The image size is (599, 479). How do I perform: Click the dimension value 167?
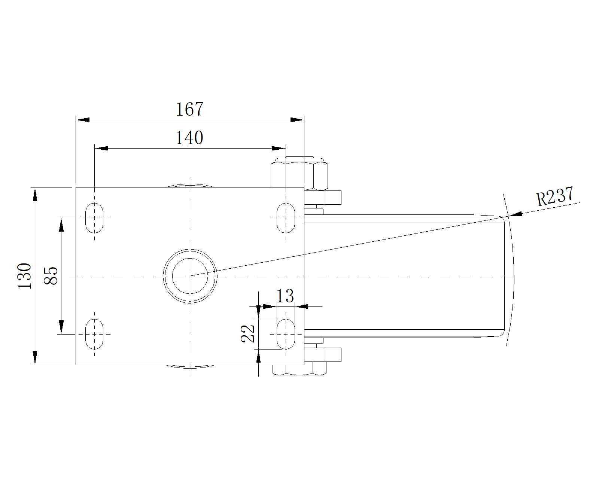click(189, 109)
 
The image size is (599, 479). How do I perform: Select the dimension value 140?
click(189, 138)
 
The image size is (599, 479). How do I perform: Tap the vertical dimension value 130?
click(24, 276)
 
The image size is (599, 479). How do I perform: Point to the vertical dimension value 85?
click(51, 276)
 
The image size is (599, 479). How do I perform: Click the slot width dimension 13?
click(285, 296)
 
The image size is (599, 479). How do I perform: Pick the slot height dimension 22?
click(247, 334)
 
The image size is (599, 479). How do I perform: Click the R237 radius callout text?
click(555, 196)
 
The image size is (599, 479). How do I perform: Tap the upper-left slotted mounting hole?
click(94, 218)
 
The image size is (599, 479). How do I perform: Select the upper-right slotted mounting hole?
click(286, 218)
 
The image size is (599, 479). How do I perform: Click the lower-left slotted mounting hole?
click(94, 334)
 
